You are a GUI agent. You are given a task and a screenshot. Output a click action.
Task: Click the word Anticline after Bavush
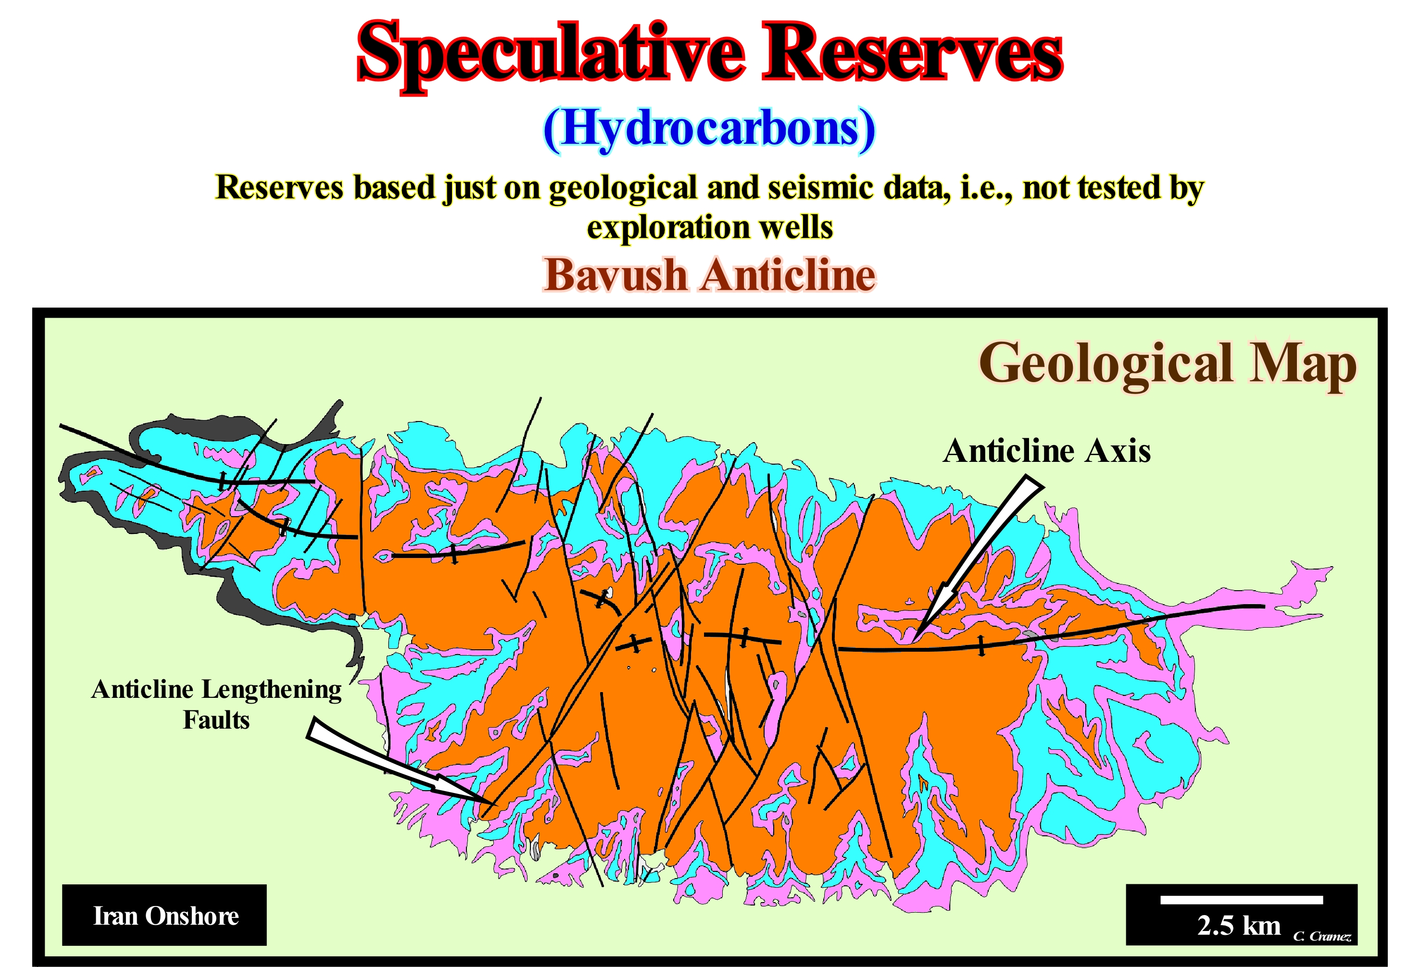click(789, 274)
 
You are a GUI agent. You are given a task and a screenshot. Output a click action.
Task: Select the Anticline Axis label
click(1047, 451)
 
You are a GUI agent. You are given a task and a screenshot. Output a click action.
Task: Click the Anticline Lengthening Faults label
click(216, 704)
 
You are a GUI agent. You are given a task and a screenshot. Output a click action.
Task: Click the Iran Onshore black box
click(164, 915)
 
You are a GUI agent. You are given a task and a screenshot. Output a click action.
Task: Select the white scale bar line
click(1242, 900)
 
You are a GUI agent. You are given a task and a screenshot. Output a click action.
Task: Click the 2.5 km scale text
click(1239, 926)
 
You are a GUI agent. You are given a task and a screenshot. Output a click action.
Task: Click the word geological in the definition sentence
click(623, 188)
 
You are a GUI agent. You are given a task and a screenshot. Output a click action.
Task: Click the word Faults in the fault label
click(216, 719)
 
